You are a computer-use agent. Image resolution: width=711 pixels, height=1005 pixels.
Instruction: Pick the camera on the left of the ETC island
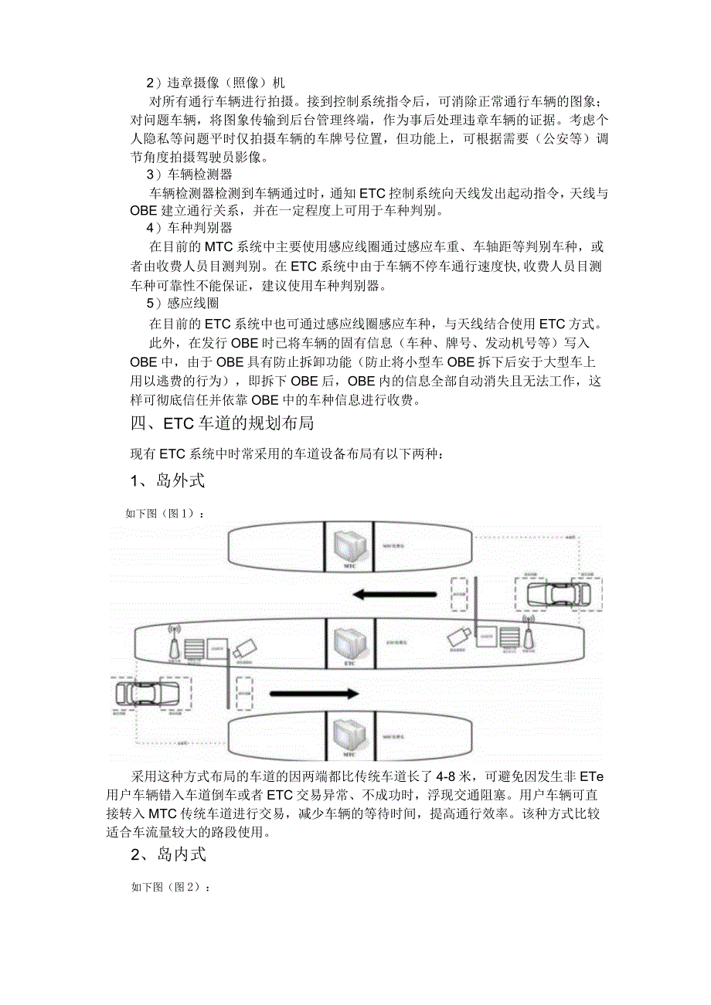[244, 648]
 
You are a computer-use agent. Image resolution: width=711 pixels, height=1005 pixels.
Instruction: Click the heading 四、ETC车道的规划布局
[223, 424]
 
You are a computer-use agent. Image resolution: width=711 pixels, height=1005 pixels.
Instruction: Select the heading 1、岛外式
[168, 480]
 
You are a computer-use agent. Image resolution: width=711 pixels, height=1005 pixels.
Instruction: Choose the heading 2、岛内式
[168, 853]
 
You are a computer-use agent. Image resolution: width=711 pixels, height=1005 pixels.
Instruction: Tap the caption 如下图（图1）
[166, 512]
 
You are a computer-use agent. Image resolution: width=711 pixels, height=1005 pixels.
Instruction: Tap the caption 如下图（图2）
[171, 888]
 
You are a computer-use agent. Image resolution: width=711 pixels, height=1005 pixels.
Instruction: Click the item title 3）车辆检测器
[189, 174]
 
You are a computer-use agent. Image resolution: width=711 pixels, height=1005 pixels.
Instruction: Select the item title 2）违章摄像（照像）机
[216, 82]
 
